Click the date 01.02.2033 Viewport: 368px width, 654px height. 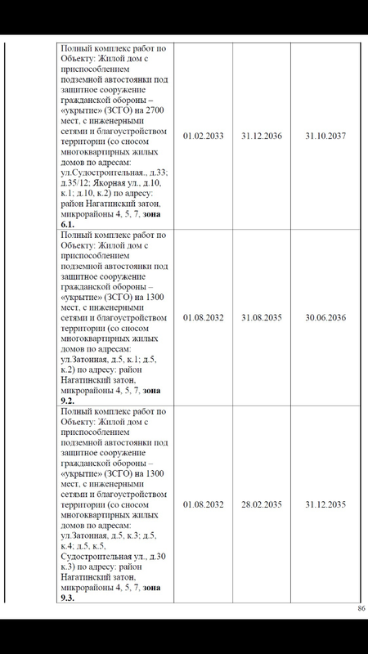pos(204,135)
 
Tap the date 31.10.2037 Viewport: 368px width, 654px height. pos(324,135)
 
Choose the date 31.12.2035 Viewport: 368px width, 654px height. pos(324,502)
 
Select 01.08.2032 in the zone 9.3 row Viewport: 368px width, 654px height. pos(204,502)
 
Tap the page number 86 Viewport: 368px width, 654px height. pos(361,609)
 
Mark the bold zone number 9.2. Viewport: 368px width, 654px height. pos(69,401)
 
